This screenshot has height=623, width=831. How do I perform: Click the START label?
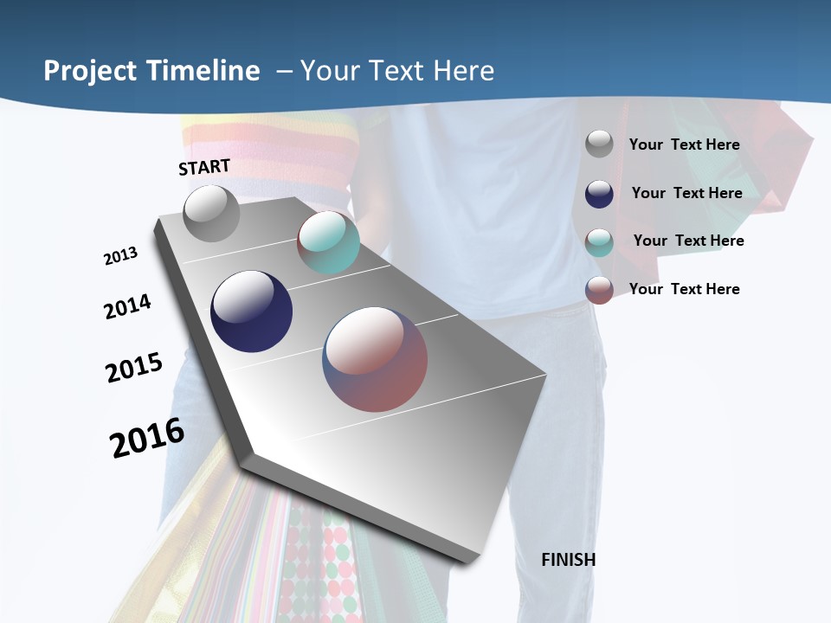[x=204, y=167]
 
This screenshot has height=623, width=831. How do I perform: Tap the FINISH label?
[x=568, y=560]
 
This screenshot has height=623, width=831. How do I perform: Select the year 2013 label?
[x=121, y=256]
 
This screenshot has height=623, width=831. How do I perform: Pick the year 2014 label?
[x=128, y=306]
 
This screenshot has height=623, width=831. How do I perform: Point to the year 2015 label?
[x=134, y=368]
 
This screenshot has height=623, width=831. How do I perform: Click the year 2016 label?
[x=147, y=438]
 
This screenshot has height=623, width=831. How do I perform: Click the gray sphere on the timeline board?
[x=212, y=214]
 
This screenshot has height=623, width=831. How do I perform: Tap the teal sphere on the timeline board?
[x=328, y=242]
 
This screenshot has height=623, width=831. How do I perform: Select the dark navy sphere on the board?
[x=252, y=311]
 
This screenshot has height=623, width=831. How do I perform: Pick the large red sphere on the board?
[x=375, y=359]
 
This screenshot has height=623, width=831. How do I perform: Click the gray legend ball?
[x=599, y=145]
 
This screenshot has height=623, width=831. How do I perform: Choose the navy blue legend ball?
[x=599, y=193]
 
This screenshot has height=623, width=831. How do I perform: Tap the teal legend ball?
[x=599, y=241]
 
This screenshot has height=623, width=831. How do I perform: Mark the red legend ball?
[x=599, y=289]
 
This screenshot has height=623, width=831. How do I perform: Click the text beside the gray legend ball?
[x=684, y=145]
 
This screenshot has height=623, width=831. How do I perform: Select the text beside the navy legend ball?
[x=686, y=193]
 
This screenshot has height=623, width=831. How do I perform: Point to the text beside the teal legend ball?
[x=688, y=241]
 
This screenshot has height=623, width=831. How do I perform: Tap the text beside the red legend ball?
[x=684, y=289]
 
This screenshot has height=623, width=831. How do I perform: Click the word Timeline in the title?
[x=203, y=71]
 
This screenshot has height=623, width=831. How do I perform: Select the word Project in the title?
[x=90, y=71]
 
